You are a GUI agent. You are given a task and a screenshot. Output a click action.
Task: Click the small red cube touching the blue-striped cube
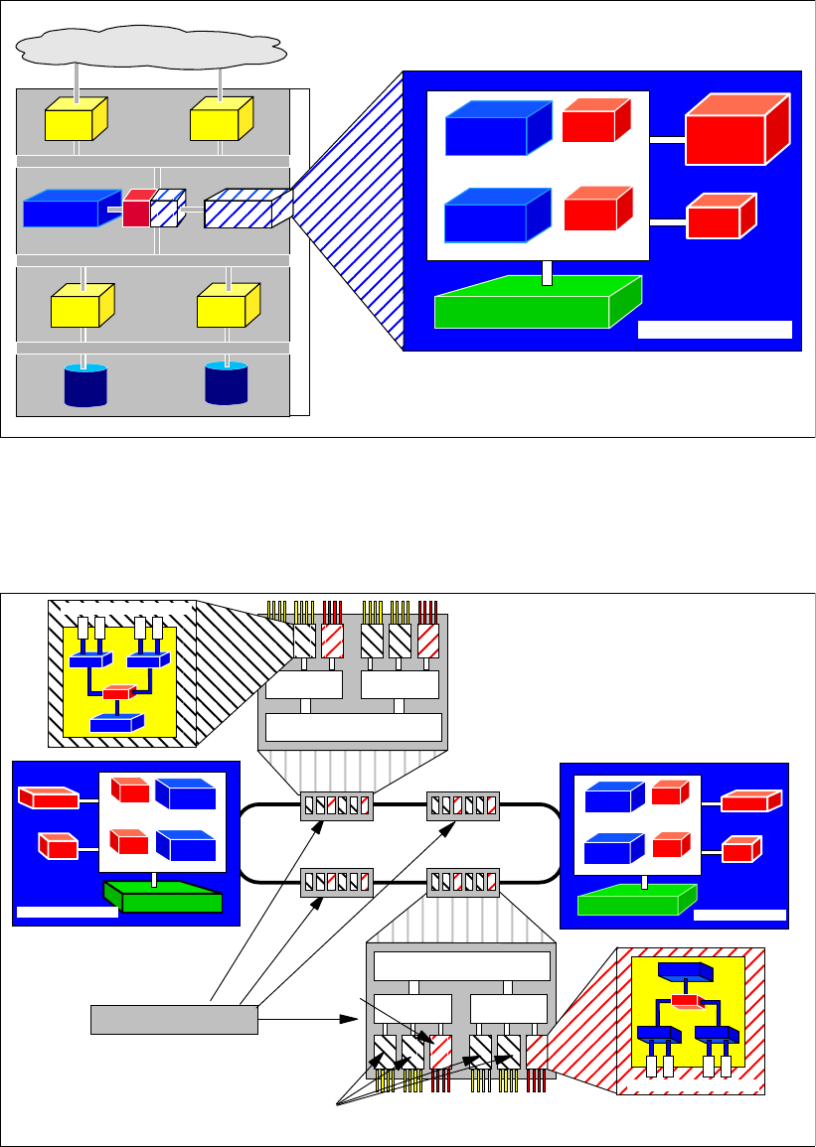136,211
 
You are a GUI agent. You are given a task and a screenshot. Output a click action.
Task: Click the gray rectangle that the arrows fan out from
174,1019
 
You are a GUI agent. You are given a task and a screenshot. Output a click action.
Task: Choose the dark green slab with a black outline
164,899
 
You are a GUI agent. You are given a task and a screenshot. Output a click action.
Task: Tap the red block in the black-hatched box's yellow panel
116,693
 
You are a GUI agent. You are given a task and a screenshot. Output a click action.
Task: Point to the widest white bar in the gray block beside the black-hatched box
354,727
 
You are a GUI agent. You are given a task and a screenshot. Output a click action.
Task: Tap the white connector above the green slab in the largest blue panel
546,272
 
